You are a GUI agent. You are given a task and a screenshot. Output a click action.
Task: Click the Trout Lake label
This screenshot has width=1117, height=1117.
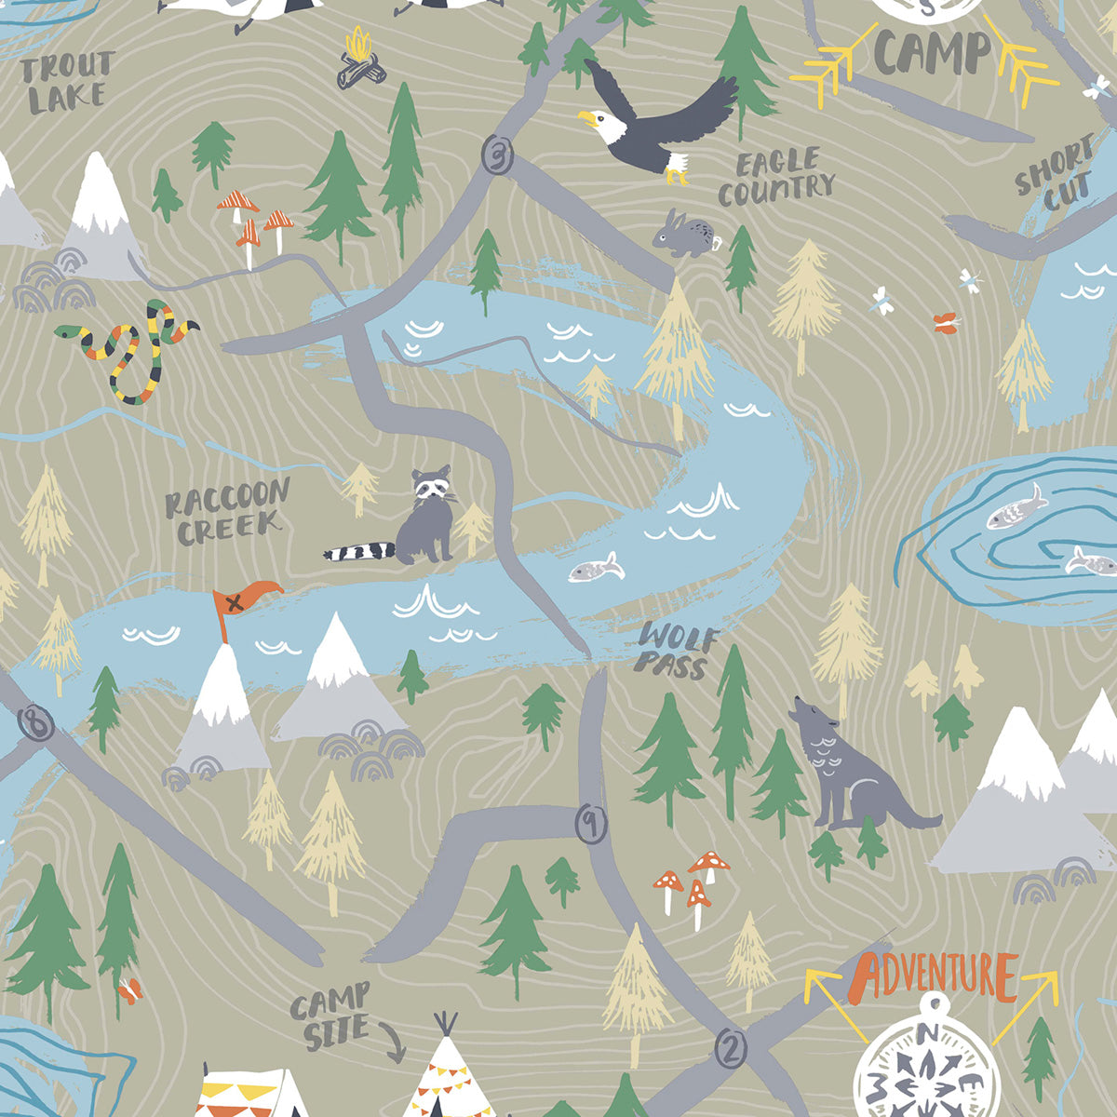(66, 82)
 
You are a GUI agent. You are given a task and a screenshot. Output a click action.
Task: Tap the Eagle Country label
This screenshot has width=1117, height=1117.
(775, 177)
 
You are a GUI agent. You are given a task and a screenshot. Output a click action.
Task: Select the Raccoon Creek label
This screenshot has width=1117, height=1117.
(227, 513)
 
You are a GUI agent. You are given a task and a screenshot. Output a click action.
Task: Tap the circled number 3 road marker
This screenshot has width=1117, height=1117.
(498, 154)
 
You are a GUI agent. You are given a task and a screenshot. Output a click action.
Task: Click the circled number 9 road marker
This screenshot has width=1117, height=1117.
(590, 823)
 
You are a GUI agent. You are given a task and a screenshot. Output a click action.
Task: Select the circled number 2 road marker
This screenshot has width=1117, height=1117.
(732, 1049)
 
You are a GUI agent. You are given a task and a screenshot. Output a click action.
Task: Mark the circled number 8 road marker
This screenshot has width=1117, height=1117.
(36, 723)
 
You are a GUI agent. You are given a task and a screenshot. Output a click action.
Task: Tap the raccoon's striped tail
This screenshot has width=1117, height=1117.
(358, 552)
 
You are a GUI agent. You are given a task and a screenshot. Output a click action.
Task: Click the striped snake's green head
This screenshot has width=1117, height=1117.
(65, 330)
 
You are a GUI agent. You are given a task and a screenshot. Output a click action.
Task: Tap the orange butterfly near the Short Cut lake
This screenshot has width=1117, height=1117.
(946, 323)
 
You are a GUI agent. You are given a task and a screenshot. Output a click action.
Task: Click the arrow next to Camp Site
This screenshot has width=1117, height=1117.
(395, 1043)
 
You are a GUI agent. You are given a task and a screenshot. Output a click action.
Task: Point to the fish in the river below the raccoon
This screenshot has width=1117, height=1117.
(596, 567)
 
